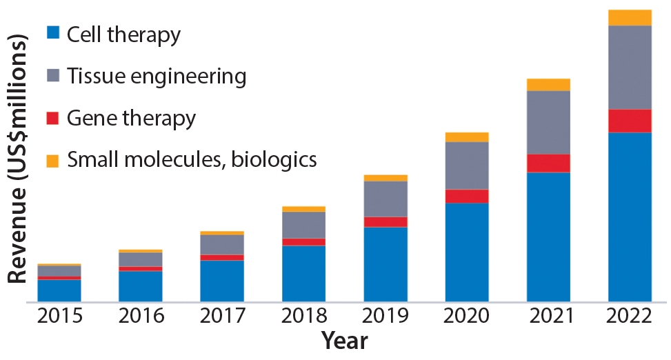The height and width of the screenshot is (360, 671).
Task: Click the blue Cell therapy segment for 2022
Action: pos(630,217)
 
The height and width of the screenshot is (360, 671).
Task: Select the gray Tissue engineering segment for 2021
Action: pos(548,122)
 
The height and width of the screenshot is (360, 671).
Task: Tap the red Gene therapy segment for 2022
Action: pos(630,121)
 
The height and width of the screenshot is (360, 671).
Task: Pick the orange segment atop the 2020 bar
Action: pos(467,137)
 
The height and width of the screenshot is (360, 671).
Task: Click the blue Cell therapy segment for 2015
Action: pos(59,290)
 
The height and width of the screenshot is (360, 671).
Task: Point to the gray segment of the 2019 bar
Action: pos(385,199)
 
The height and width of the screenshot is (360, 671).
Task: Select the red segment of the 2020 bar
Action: pos(467,196)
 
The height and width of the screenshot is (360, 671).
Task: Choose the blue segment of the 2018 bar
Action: pos(304,273)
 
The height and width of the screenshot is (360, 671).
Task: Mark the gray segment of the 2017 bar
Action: pos(222,245)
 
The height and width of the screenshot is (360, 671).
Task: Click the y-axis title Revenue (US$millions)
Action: pos(19,159)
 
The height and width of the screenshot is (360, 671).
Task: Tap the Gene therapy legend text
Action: pos(132,118)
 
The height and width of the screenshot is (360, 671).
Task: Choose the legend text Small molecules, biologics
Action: pos(192,160)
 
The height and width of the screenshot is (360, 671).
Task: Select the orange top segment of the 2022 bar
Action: pos(630,18)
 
